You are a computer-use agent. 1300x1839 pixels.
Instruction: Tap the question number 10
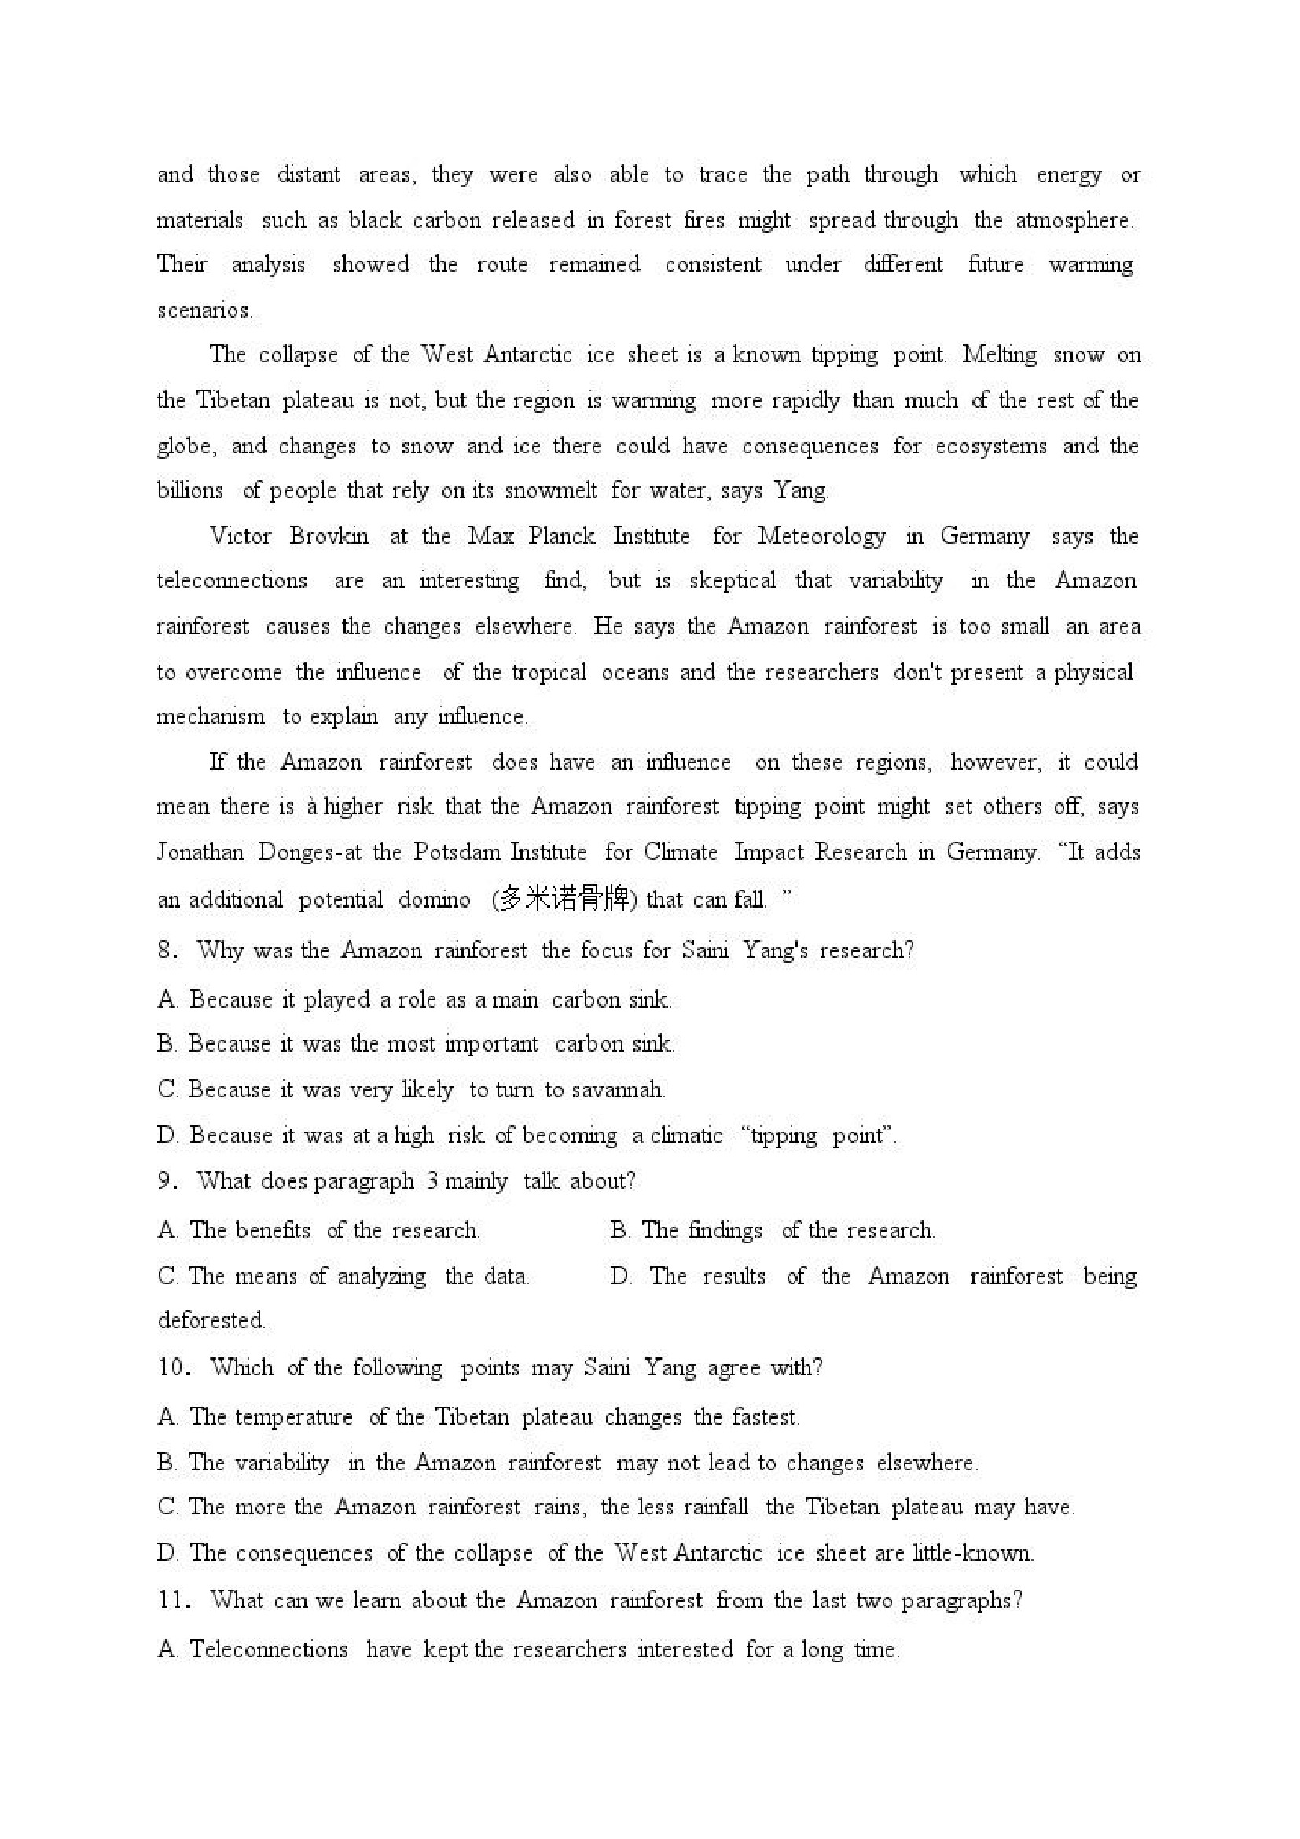click(173, 1367)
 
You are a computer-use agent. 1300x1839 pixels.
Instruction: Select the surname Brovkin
click(329, 536)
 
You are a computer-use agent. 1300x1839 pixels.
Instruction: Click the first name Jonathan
click(200, 852)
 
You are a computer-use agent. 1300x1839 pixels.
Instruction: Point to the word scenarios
click(204, 310)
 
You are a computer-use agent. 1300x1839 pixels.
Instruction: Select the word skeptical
click(732, 581)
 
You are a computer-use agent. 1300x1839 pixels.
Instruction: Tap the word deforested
click(211, 1320)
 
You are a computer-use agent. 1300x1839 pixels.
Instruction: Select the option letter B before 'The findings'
click(619, 1230)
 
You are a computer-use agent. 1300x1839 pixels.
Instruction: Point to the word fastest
click(766, 1417)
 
